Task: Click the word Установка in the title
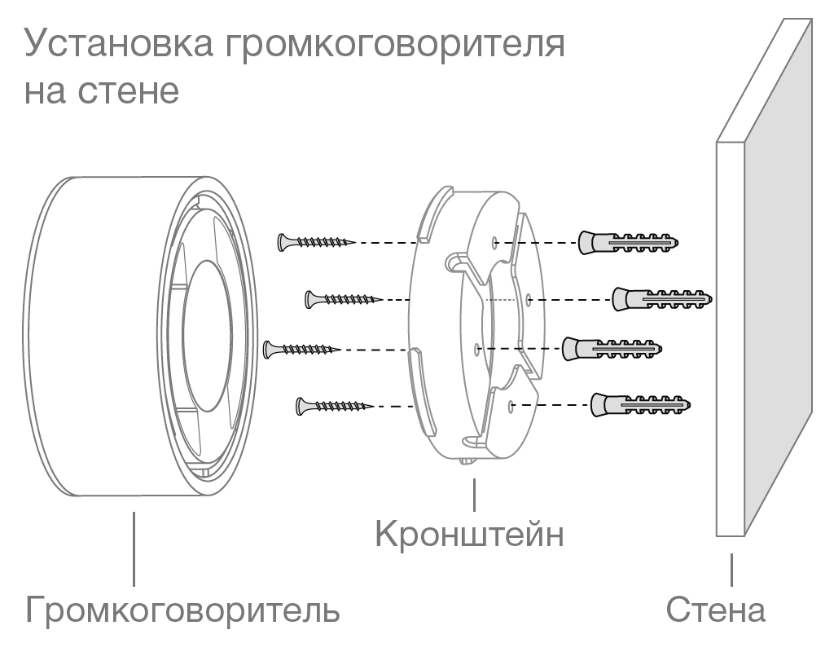115,44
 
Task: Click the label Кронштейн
470,535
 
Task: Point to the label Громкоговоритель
183,610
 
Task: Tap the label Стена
717,610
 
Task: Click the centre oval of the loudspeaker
214,335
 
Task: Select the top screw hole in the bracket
496,242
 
